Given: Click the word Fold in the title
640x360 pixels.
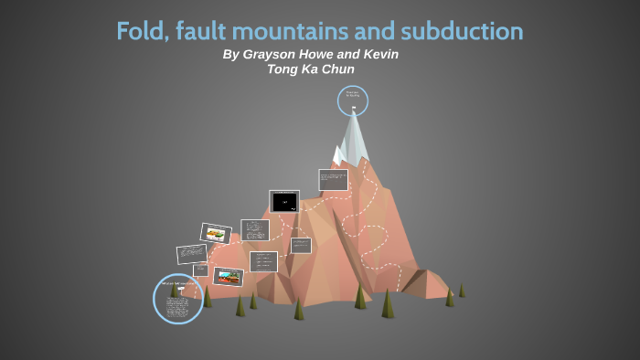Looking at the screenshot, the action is point(138,31).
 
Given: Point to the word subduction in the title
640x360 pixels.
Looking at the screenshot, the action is point(464,31).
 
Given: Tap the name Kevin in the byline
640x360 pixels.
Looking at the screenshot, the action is point(380,55).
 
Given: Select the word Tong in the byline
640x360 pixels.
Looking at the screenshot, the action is point(283,69).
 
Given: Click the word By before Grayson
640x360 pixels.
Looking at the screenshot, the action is point(230,55).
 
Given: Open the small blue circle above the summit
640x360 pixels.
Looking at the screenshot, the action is point(352,101).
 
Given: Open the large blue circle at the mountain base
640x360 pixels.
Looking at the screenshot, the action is point(177,298).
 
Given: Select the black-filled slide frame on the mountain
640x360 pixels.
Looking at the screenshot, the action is point(284,201).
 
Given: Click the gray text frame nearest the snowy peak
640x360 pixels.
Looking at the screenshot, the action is point(333,179).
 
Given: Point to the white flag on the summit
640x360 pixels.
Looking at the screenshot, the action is point(354,110).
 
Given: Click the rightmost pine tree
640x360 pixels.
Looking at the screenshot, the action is point(462,290).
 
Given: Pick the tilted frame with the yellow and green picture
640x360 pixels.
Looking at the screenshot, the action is point(215,234).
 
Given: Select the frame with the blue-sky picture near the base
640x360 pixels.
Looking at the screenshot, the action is point(228,276).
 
